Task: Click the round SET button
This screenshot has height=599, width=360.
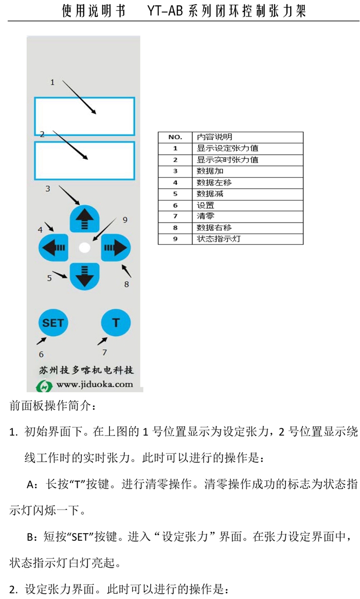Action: coord(52,322)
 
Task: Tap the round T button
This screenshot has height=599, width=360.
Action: coord(116,322)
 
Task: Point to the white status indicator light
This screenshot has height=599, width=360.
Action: coord(84,248)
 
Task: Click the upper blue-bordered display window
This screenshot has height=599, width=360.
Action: coord(84,116)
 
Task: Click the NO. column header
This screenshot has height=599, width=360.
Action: coord(175,137)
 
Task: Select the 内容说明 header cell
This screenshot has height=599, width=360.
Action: coord(214,137)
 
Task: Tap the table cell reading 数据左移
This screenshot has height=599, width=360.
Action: coord(210,183)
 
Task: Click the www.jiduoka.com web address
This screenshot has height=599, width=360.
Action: coord(95,384)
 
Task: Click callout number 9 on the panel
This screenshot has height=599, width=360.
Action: coord(124,220)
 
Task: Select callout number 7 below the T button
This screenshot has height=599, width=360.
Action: coord(104,353)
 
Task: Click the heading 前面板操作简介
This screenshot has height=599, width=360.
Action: coord(53,407)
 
